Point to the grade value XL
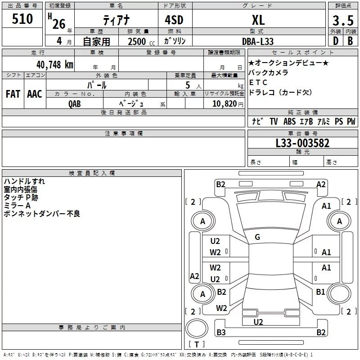258,19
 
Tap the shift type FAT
13,94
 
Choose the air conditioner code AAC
34,94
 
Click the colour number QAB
75,103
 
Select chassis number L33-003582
302,143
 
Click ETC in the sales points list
258,82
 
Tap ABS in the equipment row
289,121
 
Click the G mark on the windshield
257,237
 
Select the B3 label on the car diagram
220,333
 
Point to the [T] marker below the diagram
197,345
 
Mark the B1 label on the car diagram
320,292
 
